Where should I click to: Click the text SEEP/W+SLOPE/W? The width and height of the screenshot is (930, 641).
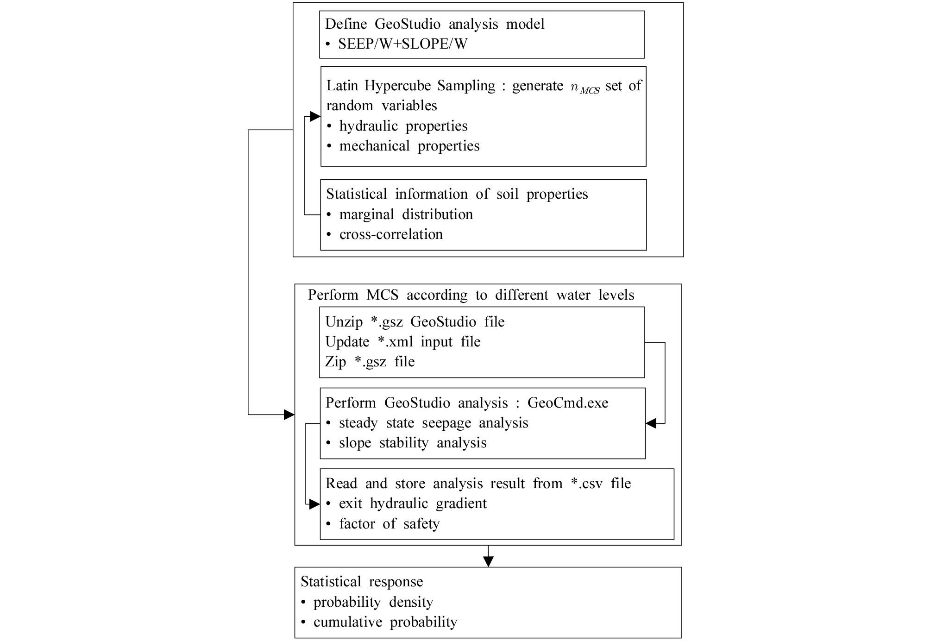[402, 44]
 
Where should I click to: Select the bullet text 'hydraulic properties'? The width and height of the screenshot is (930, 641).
[403, 126]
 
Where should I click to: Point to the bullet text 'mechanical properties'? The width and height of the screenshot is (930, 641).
[409, 146]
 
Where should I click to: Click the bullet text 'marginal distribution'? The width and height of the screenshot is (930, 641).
[406, 214]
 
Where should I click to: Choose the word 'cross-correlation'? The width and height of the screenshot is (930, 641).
[391, 234]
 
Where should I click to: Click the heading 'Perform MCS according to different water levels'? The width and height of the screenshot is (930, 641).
[471, 295]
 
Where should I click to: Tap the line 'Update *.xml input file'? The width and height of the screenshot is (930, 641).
[403, 342]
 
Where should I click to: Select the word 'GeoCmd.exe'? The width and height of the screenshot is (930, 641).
[568, 403]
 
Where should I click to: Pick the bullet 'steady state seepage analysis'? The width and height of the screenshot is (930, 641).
[434, 423]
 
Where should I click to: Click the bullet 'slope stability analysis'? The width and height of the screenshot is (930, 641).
[413, 443]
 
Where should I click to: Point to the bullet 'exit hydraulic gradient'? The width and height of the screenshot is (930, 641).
[413, 503]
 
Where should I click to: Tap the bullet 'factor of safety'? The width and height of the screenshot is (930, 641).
[389, 524]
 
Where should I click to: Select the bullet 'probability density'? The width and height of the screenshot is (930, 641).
[373, 602]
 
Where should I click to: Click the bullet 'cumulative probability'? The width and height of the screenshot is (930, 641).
[385, 622]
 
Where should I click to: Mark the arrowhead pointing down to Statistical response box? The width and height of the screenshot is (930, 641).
[488, 561]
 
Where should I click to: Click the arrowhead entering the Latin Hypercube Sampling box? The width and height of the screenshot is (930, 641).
[315, 117]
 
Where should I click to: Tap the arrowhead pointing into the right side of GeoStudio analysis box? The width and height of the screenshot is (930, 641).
[651, 423]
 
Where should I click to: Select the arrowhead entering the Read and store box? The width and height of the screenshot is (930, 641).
[314, 504]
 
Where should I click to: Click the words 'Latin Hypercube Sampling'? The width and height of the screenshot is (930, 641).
[411, 86]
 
